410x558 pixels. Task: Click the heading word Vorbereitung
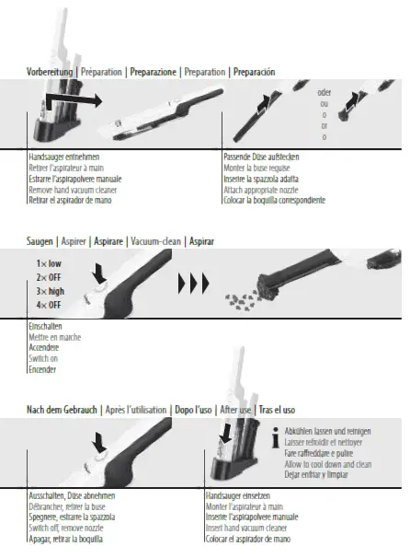(x=50, y=71)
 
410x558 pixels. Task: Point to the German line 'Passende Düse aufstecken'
(x=263, y=157)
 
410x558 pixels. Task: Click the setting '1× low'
(x=49, y=264)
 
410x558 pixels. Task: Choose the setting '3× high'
(x=50, y=290)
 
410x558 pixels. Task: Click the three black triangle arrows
(x=193, y=282)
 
